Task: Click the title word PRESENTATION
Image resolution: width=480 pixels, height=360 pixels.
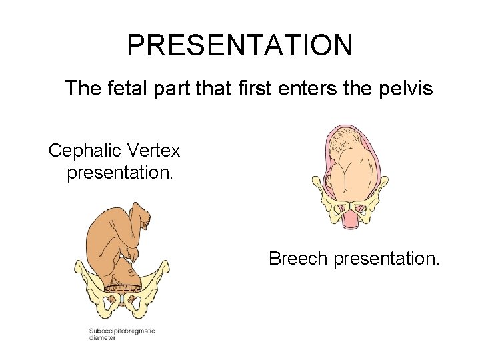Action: pyautogui.click(x=239, y=45)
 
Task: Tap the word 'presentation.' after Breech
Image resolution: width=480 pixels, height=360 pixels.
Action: pyautogui.click(x=387, y=259)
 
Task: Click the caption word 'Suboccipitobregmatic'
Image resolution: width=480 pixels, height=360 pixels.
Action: pyautogui.click(x=122, y=331)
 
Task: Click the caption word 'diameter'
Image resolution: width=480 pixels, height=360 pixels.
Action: pyautogui.click(x=103, y=338)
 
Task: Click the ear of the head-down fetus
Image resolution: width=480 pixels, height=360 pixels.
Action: pyautogui.click(x=121, y=275)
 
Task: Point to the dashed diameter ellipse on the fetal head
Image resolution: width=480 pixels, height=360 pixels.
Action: pyautogui.click(x=123, y=288)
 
